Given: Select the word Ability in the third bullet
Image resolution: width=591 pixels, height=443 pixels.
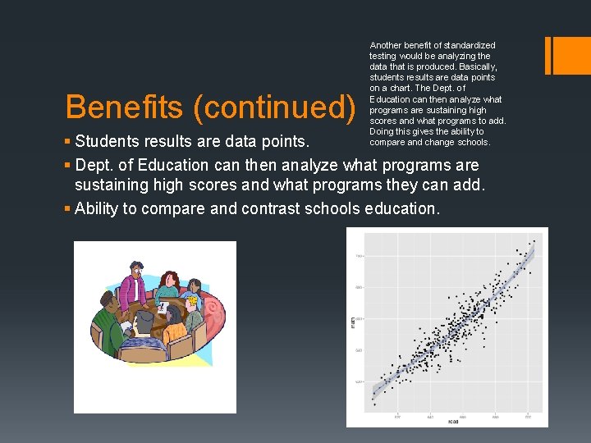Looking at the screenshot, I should pyautogui.click(x=96, y=208).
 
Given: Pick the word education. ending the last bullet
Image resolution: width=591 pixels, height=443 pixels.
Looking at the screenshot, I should pyautogui.click(x=401, y=208).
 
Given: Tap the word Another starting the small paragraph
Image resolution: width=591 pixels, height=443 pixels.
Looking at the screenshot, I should pyautogui.click(x=385, y=45).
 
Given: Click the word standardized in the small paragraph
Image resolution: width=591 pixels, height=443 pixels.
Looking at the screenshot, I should pyautogui.click(x=469, y=45).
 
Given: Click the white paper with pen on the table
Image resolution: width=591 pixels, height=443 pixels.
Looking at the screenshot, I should pyautogui.click(x=163, y=306).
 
